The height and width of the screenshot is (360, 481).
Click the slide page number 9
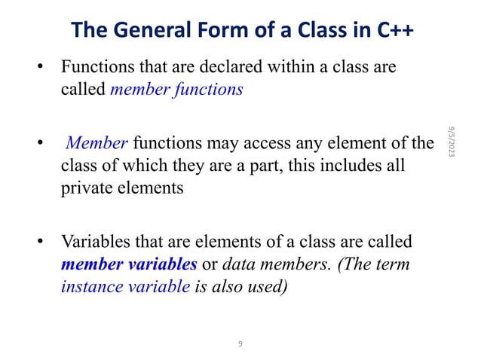[x=240, y=344]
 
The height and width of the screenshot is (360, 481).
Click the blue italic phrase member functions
[x=176, y=90]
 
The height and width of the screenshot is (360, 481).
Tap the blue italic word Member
[x=99, y=142]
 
